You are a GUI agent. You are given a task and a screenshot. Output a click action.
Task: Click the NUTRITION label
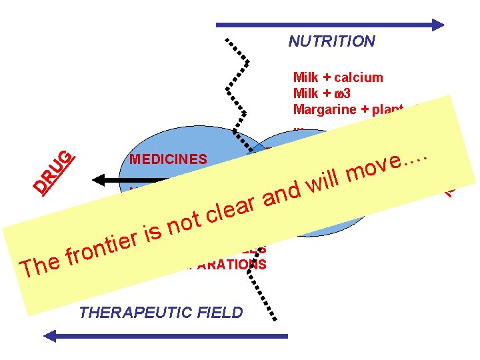tap(331, 41)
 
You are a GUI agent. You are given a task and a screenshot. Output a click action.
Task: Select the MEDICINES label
tap(169, 159)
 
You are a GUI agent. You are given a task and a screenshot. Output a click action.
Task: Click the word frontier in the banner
tap(103, 249)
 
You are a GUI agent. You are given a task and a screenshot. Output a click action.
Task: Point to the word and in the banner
tap(283, 194)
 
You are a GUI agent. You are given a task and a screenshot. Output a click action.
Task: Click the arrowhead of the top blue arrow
tap(437, 25)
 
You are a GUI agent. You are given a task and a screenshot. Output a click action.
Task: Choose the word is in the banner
tap(154, 233)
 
